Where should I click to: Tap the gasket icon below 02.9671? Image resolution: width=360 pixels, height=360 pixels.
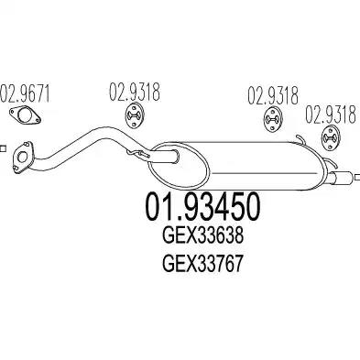point(25,115)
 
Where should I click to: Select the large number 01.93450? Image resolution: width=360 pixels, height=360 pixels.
point(203,207)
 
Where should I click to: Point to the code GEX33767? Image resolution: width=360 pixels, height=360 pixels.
point(203,264)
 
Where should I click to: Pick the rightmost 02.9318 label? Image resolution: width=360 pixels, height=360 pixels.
point(331,114)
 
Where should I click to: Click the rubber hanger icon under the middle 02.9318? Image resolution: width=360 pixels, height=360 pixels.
point(273,119)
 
